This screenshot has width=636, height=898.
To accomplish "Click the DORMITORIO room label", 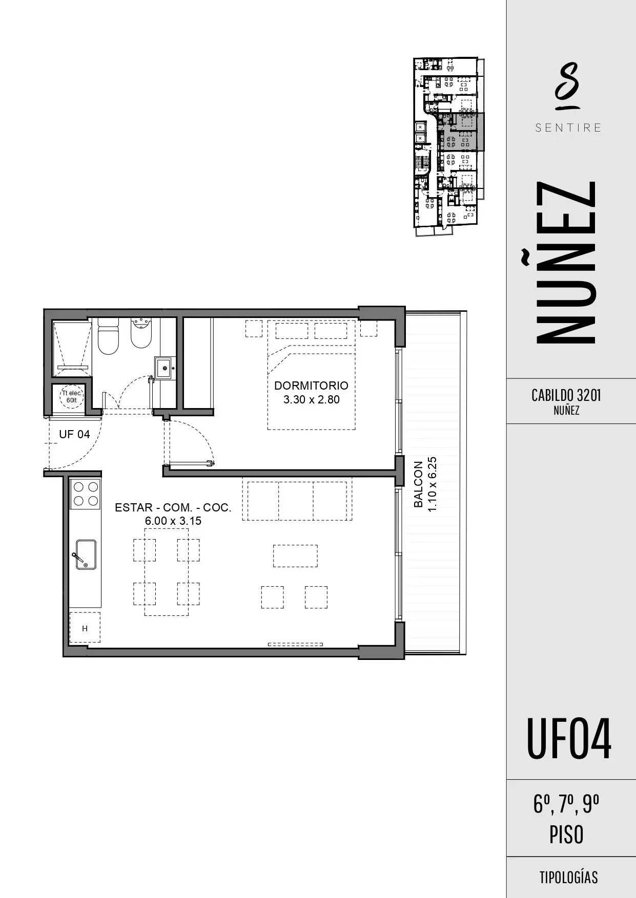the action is (x=311, y=386).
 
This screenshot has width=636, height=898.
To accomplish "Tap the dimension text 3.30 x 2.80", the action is (x=311, y=399).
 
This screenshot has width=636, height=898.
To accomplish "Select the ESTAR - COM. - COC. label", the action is (x=173, y=507).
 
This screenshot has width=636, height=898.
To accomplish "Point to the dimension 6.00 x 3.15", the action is (x=173, y=521).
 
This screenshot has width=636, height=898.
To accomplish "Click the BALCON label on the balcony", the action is (x=418, y=484).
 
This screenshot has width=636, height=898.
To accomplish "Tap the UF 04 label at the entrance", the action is (x=74, y=434).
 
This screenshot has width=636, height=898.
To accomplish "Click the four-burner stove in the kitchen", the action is (x=86, y=494).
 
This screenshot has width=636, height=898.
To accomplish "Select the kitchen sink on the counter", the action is (x=86, y=554).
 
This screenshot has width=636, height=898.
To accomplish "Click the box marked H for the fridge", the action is (x=85, y=628).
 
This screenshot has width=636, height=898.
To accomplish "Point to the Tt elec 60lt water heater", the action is (x=72, y=397).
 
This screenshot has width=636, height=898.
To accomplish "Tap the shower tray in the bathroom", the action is (x=72, y=346).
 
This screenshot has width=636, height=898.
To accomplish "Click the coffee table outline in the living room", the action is (x=295, y=556).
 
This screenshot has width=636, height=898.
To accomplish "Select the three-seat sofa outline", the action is (x=297, y=500).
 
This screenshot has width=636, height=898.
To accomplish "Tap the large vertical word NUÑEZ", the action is (x=566, y=262).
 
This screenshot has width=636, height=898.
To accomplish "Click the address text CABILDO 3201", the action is (x=566, y=395).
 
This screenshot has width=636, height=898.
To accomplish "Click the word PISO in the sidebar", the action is (x=566, y=835).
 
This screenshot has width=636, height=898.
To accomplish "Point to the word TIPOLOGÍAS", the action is (x=568, y=877).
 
